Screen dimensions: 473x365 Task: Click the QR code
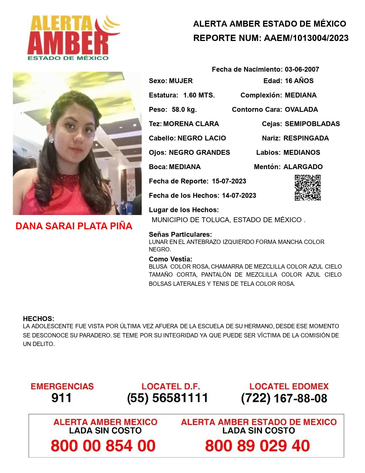click(x=308, y=188)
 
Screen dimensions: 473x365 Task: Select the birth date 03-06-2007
click(x=302, y=69)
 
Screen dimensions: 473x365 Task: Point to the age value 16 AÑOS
click(x=299, y=81)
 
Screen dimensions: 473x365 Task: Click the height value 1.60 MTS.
click(x=199, y=95)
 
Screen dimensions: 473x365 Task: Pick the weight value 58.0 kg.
click(x=184, y=110)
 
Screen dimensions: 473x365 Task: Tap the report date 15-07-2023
click(x=229, y=181)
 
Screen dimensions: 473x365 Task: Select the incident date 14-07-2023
click(x=239, y=196)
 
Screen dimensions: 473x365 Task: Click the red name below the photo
click(x=74, y=226)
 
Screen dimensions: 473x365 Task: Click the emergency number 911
click(x=61, y=398)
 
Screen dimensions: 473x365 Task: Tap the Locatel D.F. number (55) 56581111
click(x=167, y=398)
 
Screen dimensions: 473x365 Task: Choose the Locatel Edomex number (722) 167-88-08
click(x=284, y=398)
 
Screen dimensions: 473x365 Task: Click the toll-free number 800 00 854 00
click(x=103, y=446)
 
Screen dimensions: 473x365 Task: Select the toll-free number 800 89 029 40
click(x=257, y=446)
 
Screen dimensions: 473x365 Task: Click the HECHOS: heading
click(x=38, y=319)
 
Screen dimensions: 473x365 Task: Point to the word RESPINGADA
click(x=306, y=138)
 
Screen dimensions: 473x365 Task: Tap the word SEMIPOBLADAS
click(x=312, y=124)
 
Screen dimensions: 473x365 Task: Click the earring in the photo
click(x=51, y=140)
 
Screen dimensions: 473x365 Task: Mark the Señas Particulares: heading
click(x=180, y=234)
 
